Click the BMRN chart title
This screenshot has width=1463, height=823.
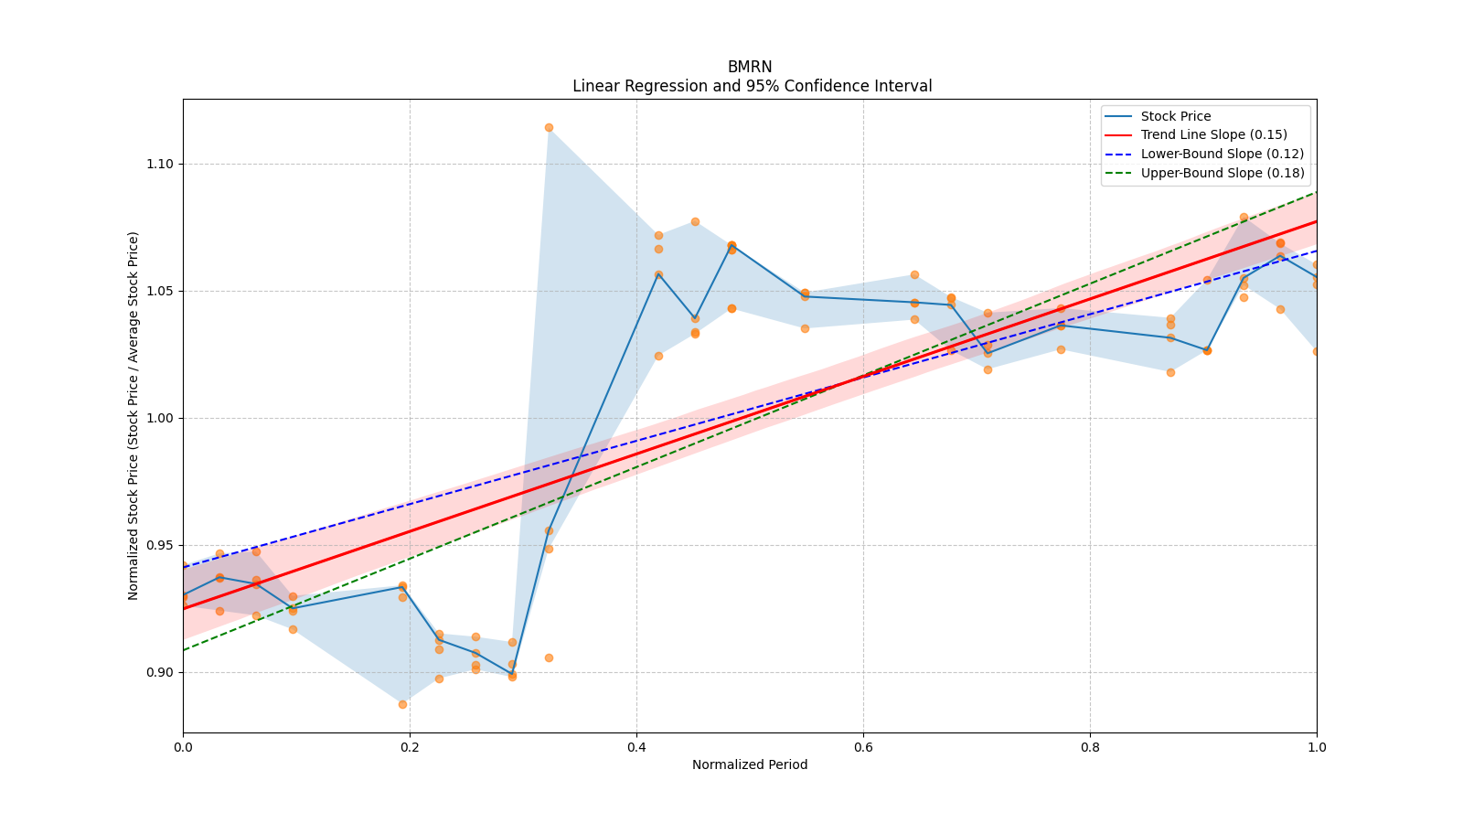[x=750, y=67]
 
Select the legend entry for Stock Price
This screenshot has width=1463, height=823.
[x=1175, y=116]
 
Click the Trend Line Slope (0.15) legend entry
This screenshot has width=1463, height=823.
[x=1213, y=135]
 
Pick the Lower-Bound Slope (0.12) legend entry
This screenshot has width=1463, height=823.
[x=1222, y=155]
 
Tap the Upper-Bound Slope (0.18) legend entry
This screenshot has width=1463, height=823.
[x=1222, y=174]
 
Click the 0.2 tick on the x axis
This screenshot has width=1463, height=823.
[x=410, y=747]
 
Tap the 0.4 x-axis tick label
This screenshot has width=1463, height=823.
[x=636, y=747]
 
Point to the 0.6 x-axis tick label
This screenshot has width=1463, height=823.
[x=863, y=747]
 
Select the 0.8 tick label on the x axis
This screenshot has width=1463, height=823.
[x=1090, y=747]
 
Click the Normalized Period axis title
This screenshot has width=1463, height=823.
[x=750, y=764]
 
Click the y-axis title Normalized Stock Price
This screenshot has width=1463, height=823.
[x=133, y=416]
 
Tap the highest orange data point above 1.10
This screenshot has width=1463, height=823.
[x=549, y=127]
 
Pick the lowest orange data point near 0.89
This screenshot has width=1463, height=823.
[x=402, y=704]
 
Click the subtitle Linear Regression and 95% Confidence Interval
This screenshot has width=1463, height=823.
[x=752, y=86]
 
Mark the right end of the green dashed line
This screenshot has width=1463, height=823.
[x=1315, y=192]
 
